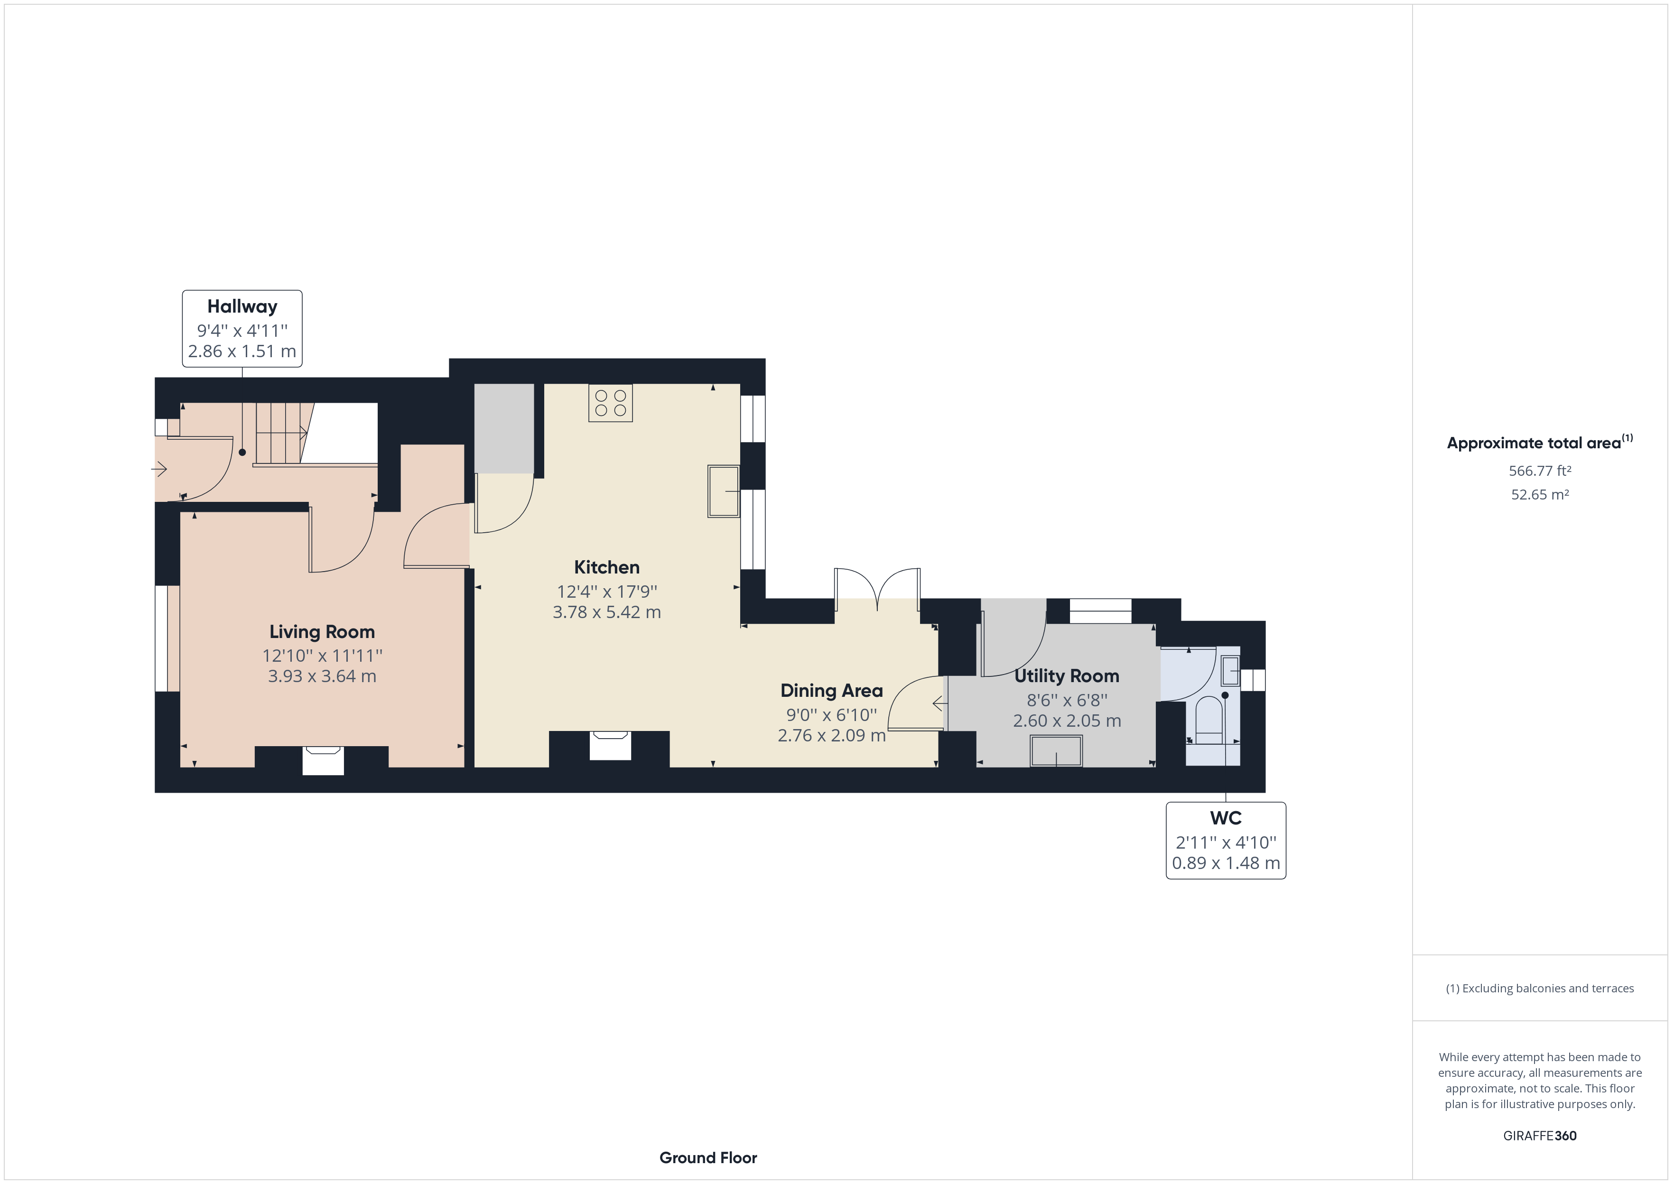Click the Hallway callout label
(x=242, y=328)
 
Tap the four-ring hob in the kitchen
(x=610, y=402)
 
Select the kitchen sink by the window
(x=723, y=491)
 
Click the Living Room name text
(x=322, y=632)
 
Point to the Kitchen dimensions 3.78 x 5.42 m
(x=606, y=612)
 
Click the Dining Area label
(x=831, y=690)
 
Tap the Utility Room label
(x=1067, y=676)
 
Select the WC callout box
(x=1226, y=841)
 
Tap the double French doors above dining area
(x=877, y=589)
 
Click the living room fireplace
(x=323, y=759)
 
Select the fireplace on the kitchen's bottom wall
(x=610, y=746)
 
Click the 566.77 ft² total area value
(x=1540, y=471)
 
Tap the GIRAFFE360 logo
(x=1540, y=1136)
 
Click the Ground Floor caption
(x=708, y=1158)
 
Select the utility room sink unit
(x=1056, y=751)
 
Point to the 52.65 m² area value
(x=1540, y=494)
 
